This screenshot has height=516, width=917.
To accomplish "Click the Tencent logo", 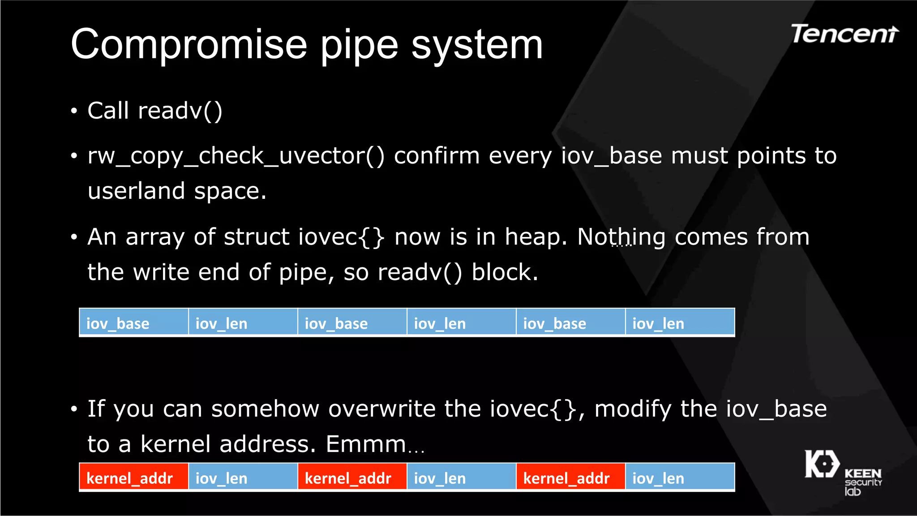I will pyautogui.click(x=844, y=34).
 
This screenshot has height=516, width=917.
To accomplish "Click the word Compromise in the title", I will pyautogui.click(x=189, y=44).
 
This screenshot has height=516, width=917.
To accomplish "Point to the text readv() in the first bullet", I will pyautogui.click(x=180, y=111).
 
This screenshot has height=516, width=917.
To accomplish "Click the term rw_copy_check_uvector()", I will pyautogui.click(x=236, y=156).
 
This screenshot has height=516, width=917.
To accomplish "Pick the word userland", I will pyautogui.click(x=136, y=191).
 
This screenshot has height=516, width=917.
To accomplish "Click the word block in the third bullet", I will pyautogui.click(x=504, y=272).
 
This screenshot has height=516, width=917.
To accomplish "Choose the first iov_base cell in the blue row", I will pyautogui.click(x=134, y=322).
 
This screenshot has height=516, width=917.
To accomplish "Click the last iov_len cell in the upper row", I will pyautogui.click(x=680, y=322).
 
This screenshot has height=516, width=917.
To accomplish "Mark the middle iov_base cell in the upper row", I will pyautogui.click(x=352, y=322).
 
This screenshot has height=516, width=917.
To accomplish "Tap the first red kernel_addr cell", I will pyautogui.click(x=134, y=477).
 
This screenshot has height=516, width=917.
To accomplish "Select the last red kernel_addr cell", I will pyautogui.click(x=570, y=477).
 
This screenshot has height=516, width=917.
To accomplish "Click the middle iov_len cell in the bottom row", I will pyautogui.click(x=461, y=477).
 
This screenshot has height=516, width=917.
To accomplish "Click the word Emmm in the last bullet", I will pyautogui.click(x=365, y=444).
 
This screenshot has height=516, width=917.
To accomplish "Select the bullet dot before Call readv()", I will pyautogui.click(x=74, y=111).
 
